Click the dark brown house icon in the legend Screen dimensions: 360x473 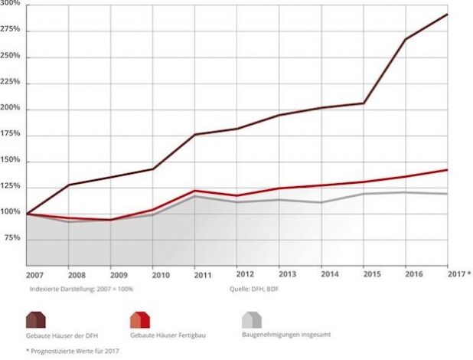(x=35, y=319)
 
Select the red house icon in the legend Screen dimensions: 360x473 (x=139, y=319)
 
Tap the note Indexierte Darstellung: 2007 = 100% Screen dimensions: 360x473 (x=70, y=290)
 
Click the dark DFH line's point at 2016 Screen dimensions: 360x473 (x=405, y=39)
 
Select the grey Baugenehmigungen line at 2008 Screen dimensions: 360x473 (x=70, y=221)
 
